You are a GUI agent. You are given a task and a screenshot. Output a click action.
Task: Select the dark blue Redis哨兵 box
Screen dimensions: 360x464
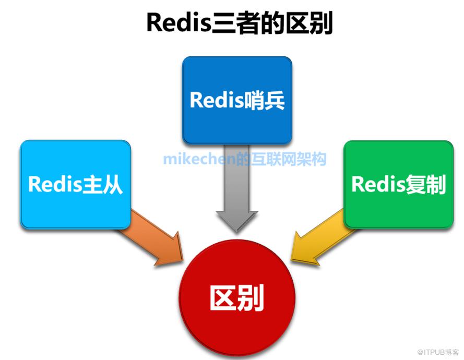tap(237, 99)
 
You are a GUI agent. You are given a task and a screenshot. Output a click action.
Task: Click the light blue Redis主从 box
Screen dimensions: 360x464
tap(75, 184)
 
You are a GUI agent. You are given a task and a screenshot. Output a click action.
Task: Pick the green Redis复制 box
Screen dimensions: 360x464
tap(398, 184)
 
